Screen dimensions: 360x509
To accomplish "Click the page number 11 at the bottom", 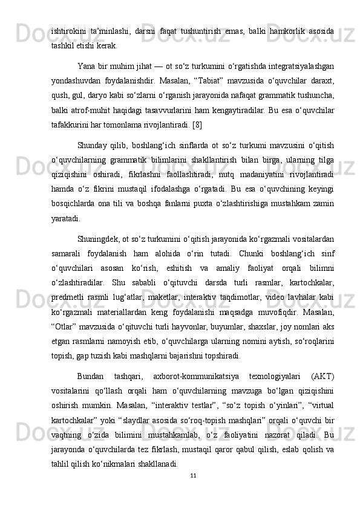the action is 192,475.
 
